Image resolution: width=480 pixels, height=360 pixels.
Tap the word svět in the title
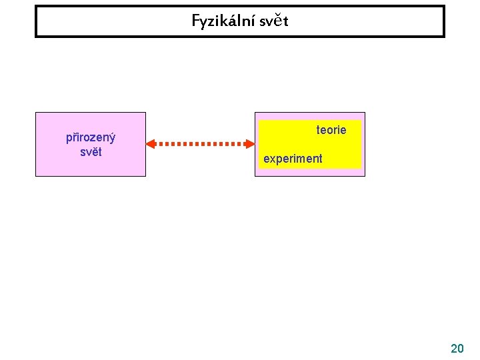[x=273, y=21]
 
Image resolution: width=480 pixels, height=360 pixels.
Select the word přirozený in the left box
[x=91, y=138]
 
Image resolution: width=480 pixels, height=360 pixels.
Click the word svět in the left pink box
[x=91, y=151]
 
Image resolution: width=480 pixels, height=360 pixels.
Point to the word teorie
[x=331, y=130]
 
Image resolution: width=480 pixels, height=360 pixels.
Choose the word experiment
[x=293, y=159]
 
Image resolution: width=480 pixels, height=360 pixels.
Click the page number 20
[x=457, y=348]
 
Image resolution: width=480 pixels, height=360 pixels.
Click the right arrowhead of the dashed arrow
[x=251, y=143]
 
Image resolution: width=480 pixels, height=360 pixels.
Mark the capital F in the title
[x=196, y=21]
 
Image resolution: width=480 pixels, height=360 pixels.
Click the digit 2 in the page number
[x=454, y=348]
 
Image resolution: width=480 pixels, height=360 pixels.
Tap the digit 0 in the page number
[x=461, y=348]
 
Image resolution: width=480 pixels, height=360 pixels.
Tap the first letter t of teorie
[x=318, y=130]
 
